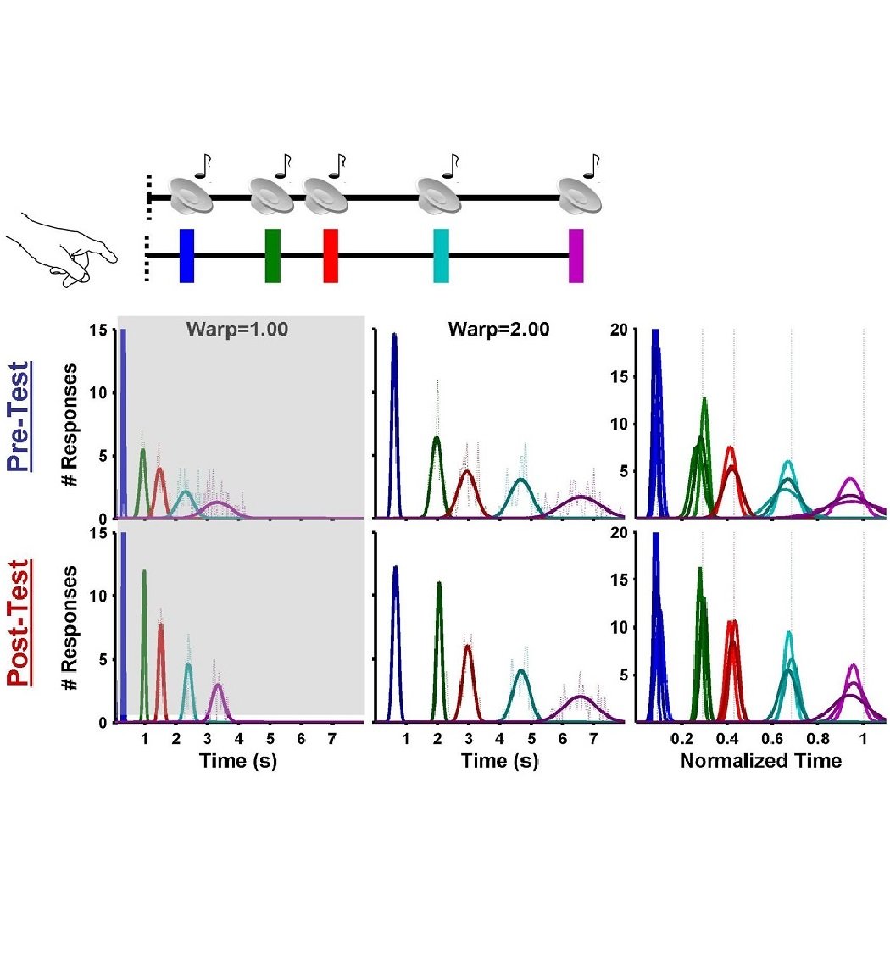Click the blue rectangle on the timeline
186,255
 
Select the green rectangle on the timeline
272,255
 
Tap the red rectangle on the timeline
331,255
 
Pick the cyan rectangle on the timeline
441,255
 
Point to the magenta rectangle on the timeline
576,255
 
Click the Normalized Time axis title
761,761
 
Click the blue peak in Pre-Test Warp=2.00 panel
394,336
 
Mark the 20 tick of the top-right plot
621,330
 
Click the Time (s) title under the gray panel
238,761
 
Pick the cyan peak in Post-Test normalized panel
789,633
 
